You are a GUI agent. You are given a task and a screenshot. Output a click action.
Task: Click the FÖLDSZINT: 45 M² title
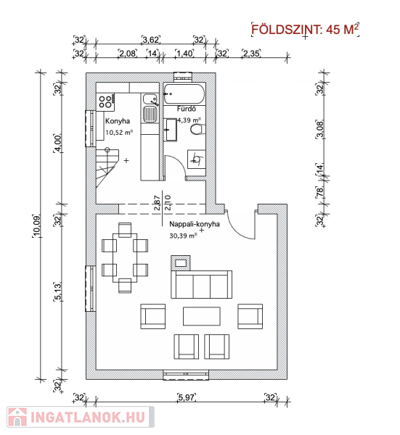(x=305, y=29)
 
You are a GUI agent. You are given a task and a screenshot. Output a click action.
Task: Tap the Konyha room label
(x=118, y=121)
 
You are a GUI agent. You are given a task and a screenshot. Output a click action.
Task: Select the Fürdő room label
(x=187, y=109)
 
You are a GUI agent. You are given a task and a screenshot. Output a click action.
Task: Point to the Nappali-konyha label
(x=195, y=224)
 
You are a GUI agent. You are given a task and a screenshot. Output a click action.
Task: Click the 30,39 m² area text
(x=183, y=236)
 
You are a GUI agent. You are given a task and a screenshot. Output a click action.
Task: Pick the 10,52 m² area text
(x=119, y=133)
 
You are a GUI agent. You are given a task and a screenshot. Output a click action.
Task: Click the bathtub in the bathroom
(x=184, y=94)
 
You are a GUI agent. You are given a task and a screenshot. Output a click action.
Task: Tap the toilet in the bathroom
(x=197, y=130)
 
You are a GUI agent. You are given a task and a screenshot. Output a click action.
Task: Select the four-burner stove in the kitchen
(x=106, y=101)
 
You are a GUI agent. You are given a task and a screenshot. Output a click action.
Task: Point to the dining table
(x=125, y=257)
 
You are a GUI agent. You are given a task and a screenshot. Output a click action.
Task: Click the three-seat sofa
(x=202, y=285)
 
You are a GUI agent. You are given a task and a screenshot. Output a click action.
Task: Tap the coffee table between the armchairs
(x=202, y=316)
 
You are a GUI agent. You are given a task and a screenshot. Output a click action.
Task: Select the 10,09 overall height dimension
(x=37, y=226)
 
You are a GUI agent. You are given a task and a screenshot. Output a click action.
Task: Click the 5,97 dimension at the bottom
(x=187, y=397)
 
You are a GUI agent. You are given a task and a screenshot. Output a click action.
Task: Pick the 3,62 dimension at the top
(x=150, y=40)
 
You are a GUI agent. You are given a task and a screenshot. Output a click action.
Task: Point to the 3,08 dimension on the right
(x=320, y=130)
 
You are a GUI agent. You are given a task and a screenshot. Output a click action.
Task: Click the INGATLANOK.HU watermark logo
(x=81, y=417)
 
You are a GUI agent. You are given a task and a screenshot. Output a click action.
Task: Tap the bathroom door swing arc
(x=178, y=162)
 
